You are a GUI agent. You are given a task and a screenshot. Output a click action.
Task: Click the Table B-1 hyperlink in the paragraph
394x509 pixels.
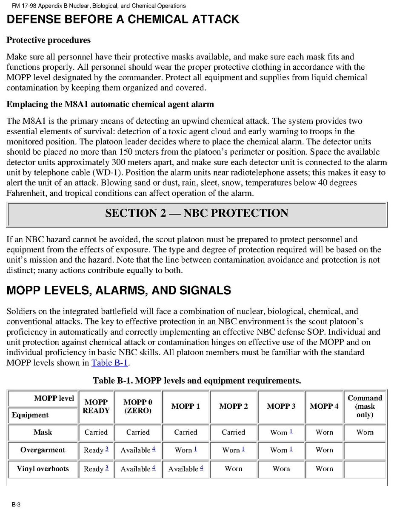110,363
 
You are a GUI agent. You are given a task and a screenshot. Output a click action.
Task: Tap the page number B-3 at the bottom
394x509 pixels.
16,504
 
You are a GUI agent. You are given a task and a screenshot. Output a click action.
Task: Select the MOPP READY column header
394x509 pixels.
96,406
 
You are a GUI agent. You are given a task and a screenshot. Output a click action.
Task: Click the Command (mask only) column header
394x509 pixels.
365,406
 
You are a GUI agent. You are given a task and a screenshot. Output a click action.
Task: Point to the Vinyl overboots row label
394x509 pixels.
43,469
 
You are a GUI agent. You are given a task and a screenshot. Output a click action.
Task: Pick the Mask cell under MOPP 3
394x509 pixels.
281,432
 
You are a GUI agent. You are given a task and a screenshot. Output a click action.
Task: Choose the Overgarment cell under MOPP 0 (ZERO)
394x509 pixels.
138,450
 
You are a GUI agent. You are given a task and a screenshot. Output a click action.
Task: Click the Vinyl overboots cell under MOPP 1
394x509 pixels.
186,469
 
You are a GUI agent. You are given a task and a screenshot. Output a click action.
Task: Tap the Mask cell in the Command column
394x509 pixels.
365,432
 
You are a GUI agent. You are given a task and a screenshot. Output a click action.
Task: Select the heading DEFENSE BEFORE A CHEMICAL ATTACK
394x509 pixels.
123,19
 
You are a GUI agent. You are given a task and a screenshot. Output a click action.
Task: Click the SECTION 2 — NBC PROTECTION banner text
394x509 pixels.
197,213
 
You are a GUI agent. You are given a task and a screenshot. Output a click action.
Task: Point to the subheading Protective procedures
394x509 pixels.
48,40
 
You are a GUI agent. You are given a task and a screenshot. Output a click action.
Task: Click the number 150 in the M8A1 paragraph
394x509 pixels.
126,152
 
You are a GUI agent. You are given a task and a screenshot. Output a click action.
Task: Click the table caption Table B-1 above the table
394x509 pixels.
197,381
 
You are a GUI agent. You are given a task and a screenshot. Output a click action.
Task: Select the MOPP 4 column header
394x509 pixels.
324,406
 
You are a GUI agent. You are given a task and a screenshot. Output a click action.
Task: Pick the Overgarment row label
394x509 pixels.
43,450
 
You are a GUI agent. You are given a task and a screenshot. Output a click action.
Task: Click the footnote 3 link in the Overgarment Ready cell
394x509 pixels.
107,449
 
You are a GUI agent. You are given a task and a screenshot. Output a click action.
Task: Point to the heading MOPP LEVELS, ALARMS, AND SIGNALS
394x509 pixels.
119,291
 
